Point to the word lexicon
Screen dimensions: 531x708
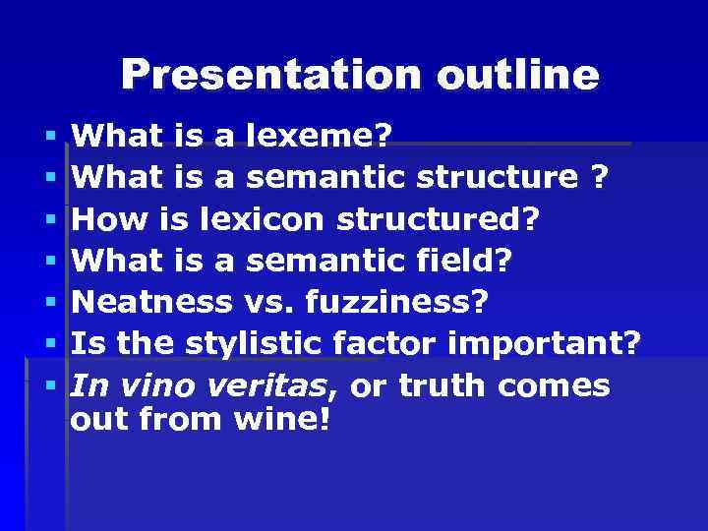264,219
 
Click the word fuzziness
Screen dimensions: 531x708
396,303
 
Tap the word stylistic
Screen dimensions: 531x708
254,344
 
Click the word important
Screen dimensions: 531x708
544,344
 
